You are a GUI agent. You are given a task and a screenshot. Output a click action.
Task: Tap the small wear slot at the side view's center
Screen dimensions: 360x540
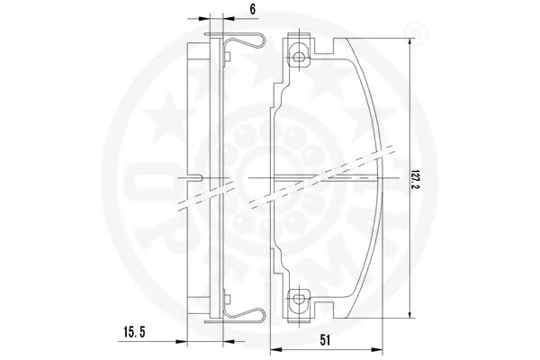coord(200,175)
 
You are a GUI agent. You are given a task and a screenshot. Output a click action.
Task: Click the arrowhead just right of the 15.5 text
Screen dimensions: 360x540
coord(179,342)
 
